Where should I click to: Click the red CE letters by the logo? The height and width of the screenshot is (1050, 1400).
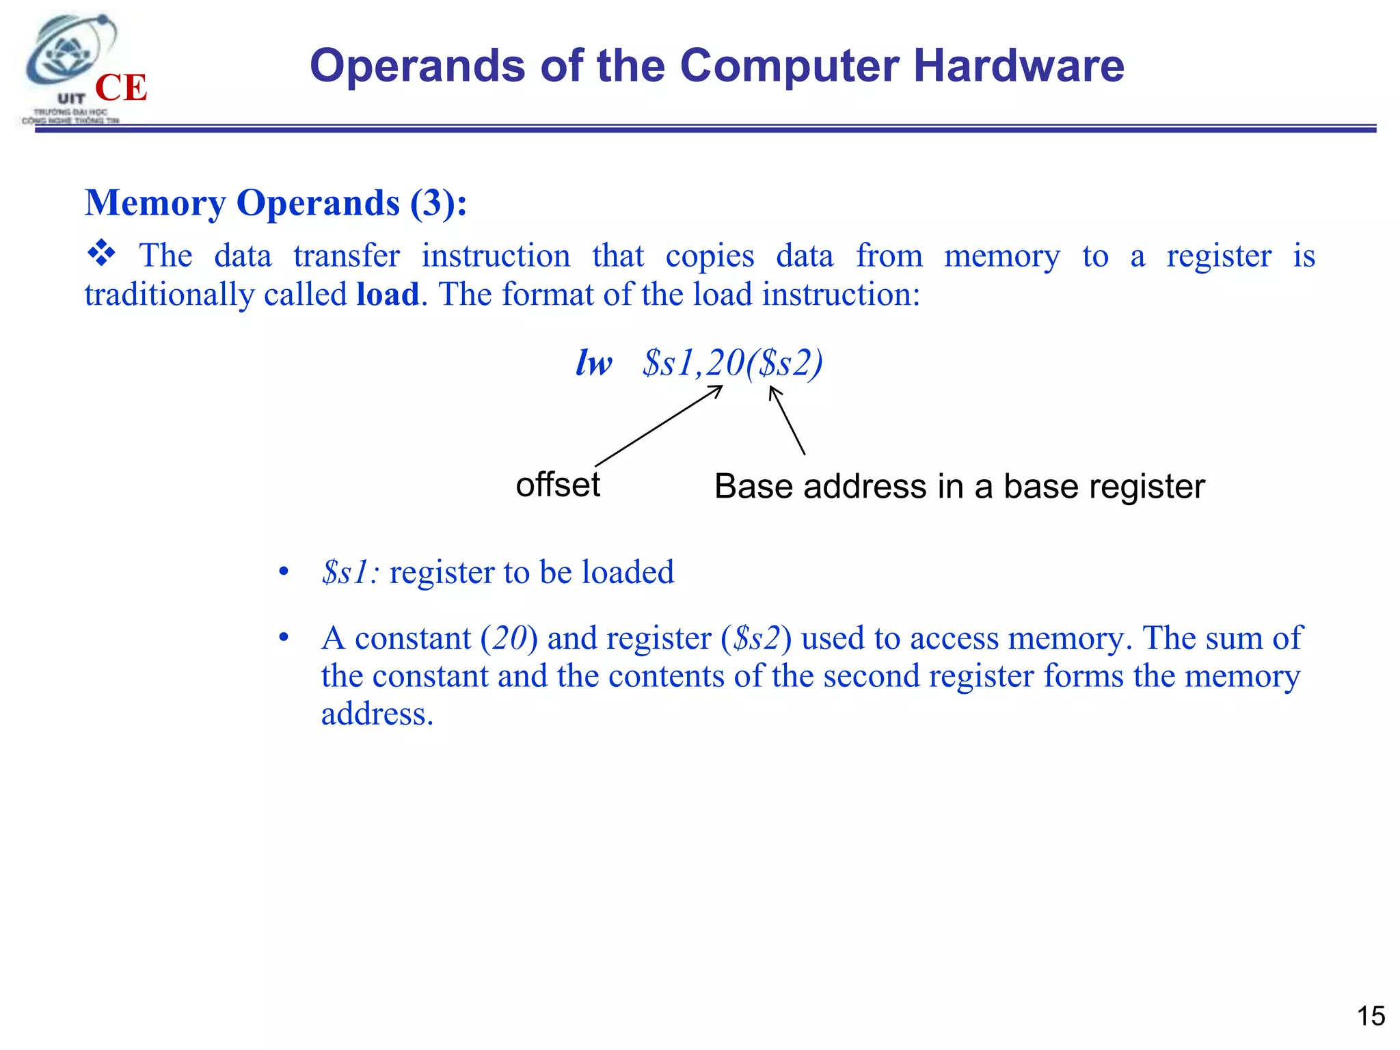pos(121,87)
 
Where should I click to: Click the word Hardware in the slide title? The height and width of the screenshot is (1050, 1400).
pos(1019,66)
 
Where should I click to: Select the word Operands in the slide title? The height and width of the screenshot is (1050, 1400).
pos(418,66)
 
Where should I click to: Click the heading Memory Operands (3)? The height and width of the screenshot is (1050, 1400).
pos(276,203)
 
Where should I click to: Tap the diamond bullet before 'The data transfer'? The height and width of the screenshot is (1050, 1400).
pos(101,254)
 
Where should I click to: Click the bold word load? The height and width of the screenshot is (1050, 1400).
pos(388,295)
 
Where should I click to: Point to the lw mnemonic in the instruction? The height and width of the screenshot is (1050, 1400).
pos(593,362)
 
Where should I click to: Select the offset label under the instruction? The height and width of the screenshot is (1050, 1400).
pos(558,485)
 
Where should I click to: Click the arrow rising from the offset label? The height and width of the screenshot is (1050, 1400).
pos(658,426)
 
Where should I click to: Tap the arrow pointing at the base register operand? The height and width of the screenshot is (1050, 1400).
pos(787,420)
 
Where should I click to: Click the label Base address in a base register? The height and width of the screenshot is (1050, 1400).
pos(959,487)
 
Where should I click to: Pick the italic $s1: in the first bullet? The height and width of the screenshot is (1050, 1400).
pos(351,572)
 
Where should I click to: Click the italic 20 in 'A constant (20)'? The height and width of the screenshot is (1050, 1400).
pos(509,638)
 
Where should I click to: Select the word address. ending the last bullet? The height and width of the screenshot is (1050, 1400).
pos(377,714)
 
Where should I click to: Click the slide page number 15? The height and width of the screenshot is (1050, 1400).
pos(1371,1017)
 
